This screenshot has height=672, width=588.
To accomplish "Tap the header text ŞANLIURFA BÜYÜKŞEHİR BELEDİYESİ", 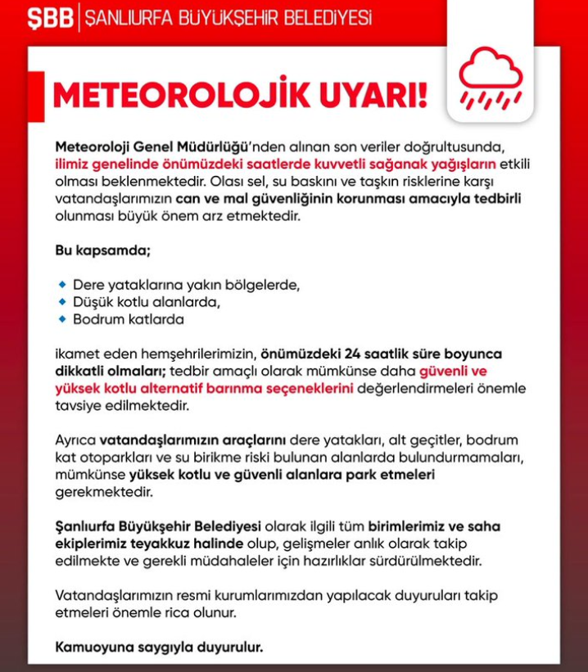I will pyautogui.click(x=227, y=17).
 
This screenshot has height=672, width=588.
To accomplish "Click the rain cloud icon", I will pyautogui.click(x=490, y=80).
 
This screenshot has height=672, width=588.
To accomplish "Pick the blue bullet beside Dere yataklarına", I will pyautogui.click(x=62, y=285).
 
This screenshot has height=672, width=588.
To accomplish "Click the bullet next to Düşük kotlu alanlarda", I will pyautogui.click(x=62, y=302).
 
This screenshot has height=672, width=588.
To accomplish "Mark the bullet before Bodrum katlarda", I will pyautogui.click(x=62, y=319).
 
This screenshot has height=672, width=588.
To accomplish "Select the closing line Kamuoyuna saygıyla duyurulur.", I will pyautogui.click(x=159, y=647).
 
